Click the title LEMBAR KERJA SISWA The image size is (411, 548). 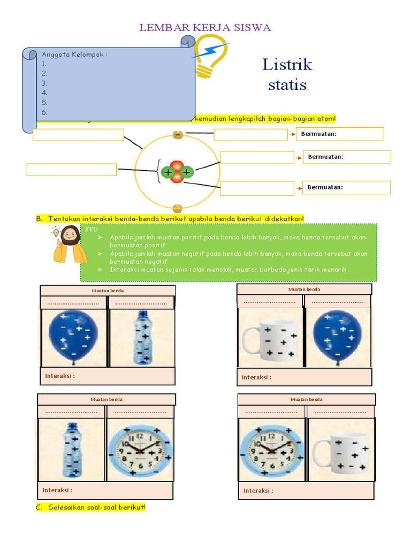click(206, 28)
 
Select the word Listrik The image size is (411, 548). click(287, 65)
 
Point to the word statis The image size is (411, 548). click(287, 85)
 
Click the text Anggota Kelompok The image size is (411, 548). click(74, 54)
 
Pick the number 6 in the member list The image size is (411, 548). click(45, 112)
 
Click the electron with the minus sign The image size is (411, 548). click(178, 135)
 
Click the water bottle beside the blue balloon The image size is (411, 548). click(142, 338)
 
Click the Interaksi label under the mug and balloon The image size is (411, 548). click(256, 377)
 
